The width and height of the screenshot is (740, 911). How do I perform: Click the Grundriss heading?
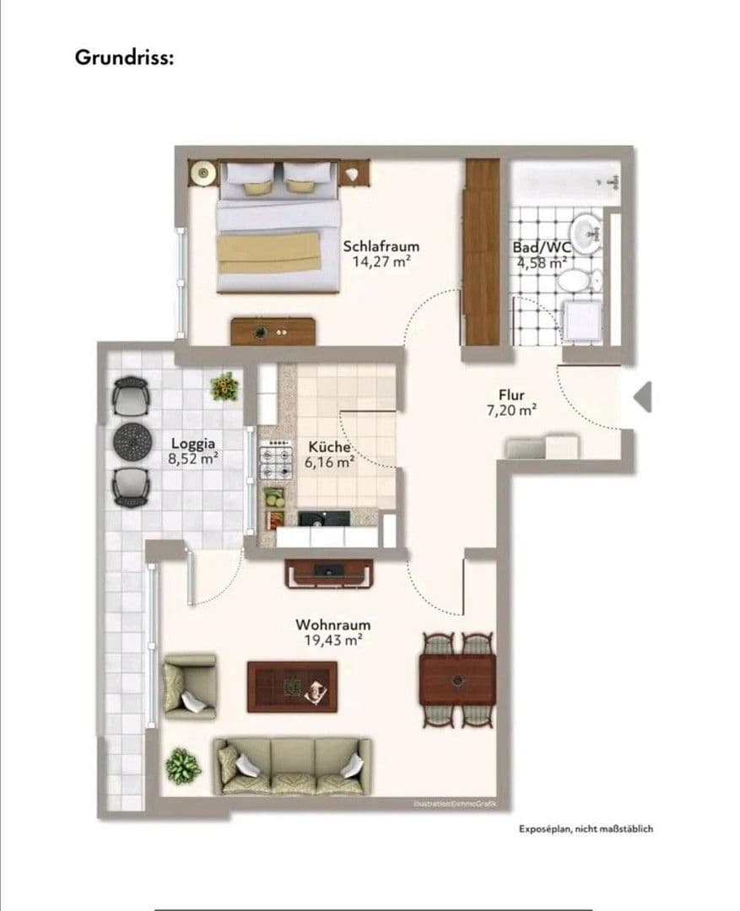pos(124,58)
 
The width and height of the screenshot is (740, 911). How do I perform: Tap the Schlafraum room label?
pos(381,246)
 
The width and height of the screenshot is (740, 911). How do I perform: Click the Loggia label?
pos(193,443)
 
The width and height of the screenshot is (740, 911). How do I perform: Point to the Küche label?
pos(328,447)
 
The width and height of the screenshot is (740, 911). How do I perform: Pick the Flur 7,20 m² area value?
pos(511,411)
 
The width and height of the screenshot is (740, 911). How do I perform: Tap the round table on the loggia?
pos(131,439)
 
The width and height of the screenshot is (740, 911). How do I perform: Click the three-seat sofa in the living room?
pos(292,765)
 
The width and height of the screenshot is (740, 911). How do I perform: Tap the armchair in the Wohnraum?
pos(188,685)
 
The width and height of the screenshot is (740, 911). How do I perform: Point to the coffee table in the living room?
pos(291,686)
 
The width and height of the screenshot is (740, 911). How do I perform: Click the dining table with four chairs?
pos(457,679)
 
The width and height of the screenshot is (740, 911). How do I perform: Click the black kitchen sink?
pos(322,517)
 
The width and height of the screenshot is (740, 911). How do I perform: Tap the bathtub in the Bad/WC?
pos(567,182)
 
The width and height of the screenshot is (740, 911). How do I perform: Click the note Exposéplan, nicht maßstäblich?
pos(586,828)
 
